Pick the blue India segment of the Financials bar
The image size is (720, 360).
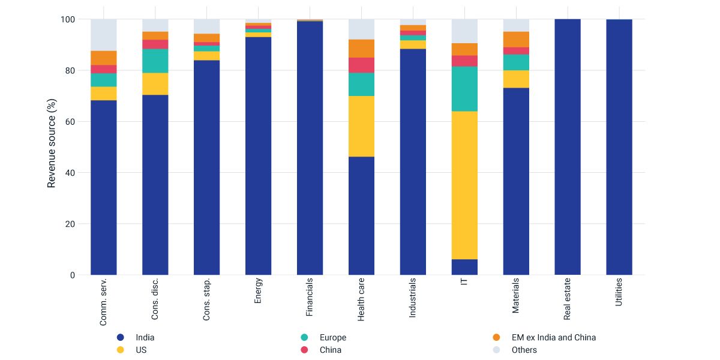pos(310,150)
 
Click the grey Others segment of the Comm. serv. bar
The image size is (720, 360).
pos(104,35)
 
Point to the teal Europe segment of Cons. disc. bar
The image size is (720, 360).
pos(155,61)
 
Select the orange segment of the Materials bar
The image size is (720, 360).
pos(516,40)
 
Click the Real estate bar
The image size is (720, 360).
pos(568,147)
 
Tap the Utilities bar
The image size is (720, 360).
pos(619,147)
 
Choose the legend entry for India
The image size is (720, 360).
pos(145,338)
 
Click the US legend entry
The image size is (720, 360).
pos(141,350)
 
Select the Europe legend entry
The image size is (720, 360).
pos(332,338)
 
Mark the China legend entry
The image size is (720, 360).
pos(329,350)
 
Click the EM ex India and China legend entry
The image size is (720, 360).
pos(553,338)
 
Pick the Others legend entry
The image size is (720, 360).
pos(524,350)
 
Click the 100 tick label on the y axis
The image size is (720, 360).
pos(68,19)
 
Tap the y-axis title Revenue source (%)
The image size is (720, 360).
pos(52,147)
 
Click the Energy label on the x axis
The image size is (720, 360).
pos(258,291)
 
